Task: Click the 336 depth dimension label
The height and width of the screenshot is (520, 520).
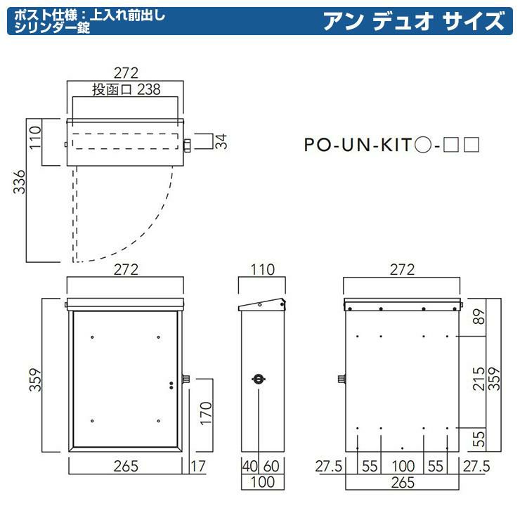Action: (19, 182)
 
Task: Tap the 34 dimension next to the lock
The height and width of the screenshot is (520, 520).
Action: (221, 141)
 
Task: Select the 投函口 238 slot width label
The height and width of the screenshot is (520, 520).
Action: (126, 89)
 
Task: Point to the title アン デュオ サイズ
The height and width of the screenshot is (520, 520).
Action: (414, 21)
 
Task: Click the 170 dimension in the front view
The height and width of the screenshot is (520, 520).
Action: (206, 414)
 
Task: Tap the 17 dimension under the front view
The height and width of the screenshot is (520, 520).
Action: (197, 467)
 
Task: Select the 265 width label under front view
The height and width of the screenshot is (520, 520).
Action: (126, 467)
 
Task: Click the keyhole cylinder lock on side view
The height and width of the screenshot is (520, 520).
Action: (259, 379)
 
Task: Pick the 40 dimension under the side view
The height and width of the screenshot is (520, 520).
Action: (250, 467)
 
